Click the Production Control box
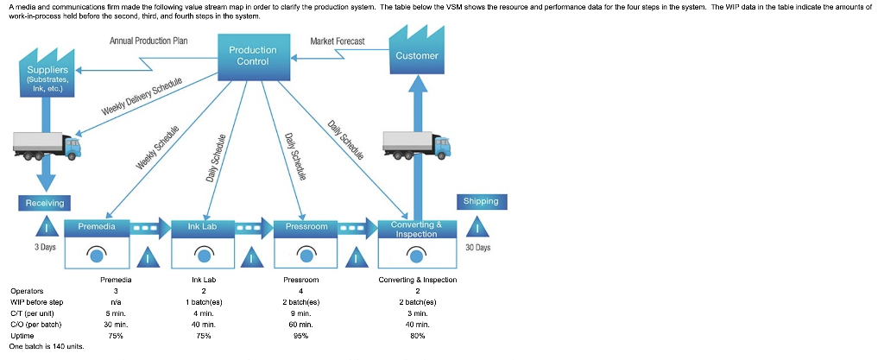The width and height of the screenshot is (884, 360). pos(252,55)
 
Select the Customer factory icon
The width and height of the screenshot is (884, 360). pos(416,52)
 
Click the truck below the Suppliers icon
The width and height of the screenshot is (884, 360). pos(47,144)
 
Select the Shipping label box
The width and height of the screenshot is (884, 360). pos(481,201)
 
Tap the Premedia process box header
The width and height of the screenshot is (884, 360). pos(103,226)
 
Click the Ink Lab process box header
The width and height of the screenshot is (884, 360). pos(202,226)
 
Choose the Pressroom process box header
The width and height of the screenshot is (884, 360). pos(306,226)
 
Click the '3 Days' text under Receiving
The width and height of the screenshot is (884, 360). pos(45,248)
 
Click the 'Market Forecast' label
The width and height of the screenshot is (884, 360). pos(337,41)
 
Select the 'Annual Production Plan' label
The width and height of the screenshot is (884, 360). pos(148,41)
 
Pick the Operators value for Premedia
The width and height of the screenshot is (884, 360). pos(115,291)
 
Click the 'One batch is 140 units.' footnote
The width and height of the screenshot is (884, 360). pos(47,346)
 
